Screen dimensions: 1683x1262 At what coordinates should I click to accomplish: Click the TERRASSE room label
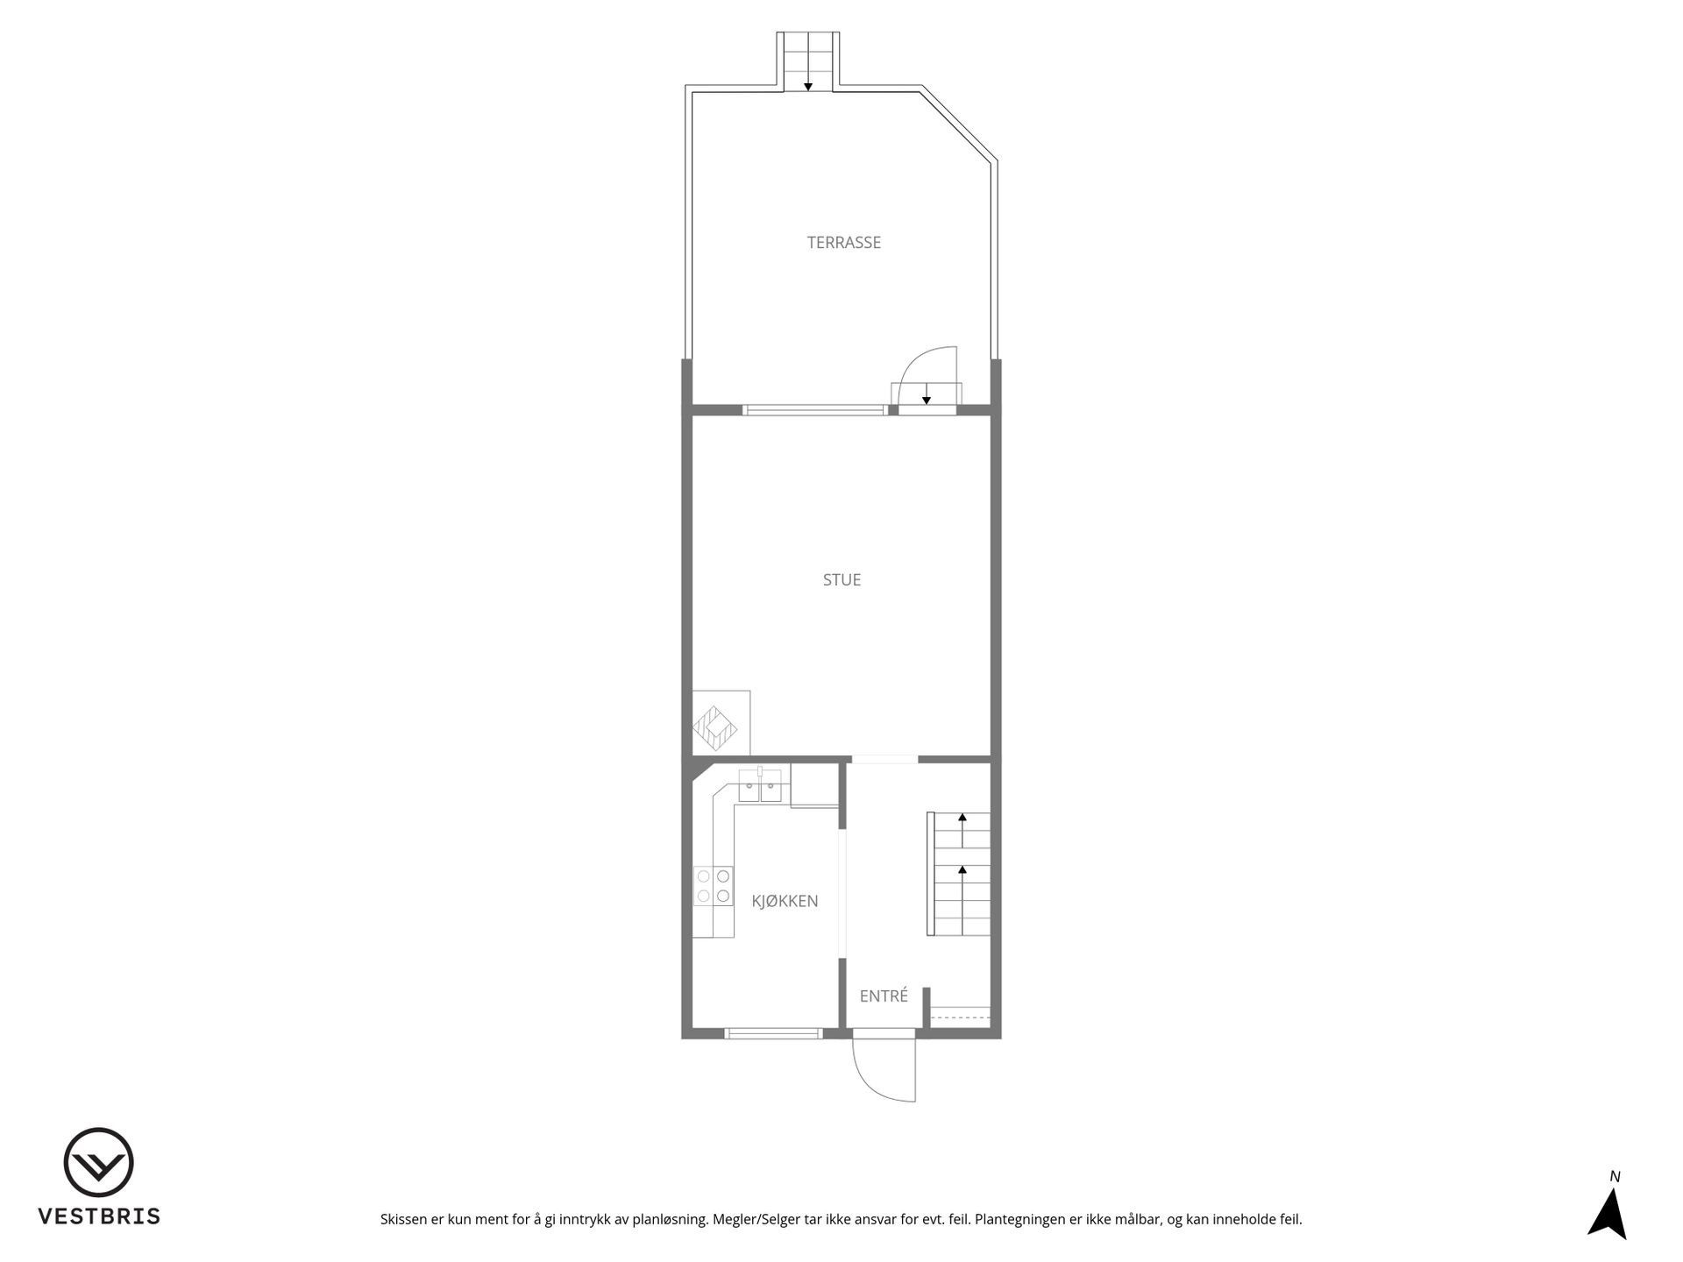843,243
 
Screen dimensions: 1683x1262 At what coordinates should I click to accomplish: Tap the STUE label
841,579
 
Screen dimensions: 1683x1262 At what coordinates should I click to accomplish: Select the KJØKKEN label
785,900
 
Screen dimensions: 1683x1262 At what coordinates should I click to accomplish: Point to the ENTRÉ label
884,996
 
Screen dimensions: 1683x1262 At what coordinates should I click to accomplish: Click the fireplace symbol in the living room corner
715,729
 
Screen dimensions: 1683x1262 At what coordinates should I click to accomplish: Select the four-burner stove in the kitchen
713,885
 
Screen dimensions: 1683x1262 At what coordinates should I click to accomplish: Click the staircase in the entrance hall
959,874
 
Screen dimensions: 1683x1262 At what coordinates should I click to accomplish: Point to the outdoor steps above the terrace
808,61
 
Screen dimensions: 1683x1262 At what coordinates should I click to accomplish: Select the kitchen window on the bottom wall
774,1033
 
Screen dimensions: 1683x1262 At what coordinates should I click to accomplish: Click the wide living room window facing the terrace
814,409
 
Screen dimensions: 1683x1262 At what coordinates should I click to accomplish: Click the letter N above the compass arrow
1615,1177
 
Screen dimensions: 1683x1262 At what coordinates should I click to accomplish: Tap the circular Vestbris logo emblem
98,1162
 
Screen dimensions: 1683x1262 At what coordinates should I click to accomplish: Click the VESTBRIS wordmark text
98,1216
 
